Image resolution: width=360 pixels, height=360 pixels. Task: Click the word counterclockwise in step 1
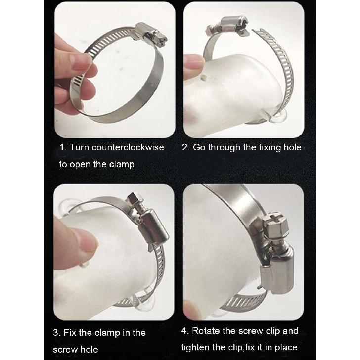click(128, 147)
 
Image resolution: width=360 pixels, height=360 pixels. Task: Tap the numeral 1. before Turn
click(63, 147)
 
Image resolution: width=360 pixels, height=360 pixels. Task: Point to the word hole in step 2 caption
click(293, 147)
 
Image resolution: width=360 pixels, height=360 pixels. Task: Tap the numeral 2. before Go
click(186, 147)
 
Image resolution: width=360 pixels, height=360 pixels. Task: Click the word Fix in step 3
click(70, 333)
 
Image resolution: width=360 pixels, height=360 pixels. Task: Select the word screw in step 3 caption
click(65, 350)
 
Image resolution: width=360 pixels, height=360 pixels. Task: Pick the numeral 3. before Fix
click(57, 333)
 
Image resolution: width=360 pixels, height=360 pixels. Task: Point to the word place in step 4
click(286, 348)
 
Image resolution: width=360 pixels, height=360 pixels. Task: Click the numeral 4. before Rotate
click(185, 331)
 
